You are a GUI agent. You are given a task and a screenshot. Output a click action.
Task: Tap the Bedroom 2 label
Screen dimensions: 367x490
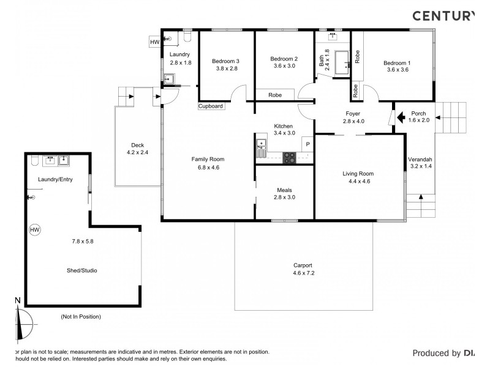point(284,59)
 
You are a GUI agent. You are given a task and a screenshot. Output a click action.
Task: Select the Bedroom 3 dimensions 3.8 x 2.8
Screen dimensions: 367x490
point(226,69)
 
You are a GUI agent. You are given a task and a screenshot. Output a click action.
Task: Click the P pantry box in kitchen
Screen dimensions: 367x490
point(307,145)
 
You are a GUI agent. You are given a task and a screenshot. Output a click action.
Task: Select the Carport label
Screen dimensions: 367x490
point(303,265)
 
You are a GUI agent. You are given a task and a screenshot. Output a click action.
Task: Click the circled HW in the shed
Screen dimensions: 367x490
point(35,230)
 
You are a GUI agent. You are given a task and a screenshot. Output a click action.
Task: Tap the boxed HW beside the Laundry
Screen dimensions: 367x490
point(154,42)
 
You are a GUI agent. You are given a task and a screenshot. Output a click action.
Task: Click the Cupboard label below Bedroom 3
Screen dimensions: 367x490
point(211,106)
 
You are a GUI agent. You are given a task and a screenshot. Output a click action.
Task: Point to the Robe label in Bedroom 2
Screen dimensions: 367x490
point(275,95)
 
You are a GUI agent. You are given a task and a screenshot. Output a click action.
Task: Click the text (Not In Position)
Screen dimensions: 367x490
point(81,316)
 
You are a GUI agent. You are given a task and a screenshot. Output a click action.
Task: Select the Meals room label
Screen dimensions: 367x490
point(284,190)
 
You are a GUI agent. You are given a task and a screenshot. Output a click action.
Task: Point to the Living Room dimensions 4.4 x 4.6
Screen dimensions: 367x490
point(358,182)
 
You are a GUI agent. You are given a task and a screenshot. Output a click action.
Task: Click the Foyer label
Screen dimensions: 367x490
point(353,114)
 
